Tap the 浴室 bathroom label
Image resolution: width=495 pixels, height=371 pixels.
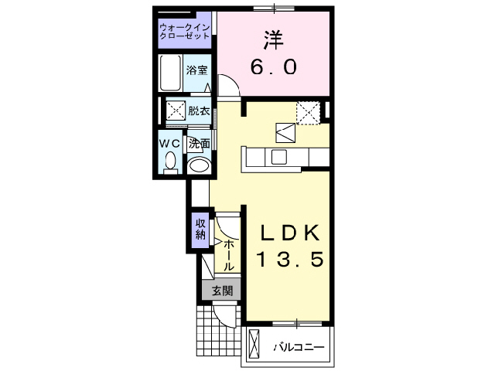(x=197, y=70)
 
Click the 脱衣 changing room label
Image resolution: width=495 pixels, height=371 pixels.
(x=199, y=111)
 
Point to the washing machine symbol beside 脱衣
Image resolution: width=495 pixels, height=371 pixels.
(x=175, y=110)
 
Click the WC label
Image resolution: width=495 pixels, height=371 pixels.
(x=169, y=143)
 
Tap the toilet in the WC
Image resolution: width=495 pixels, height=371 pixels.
(x=170, y=161)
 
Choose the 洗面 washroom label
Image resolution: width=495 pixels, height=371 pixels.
(x=200, y=143)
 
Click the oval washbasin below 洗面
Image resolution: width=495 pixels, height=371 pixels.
(x=200, y=165)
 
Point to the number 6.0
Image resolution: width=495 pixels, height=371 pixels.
(x=273, y=68)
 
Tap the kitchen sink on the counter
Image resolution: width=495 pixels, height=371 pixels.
(x=278, y=157)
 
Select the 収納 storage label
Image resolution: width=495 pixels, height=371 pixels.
(x=200, y=230)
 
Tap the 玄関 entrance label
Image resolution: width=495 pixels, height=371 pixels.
(x=222, y=291)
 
